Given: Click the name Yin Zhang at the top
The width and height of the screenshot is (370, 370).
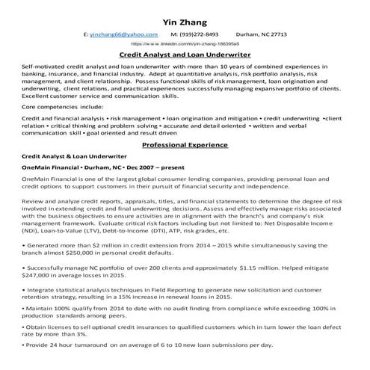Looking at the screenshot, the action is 184,19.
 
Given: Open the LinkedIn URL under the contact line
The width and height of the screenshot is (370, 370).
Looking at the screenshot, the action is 184,44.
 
